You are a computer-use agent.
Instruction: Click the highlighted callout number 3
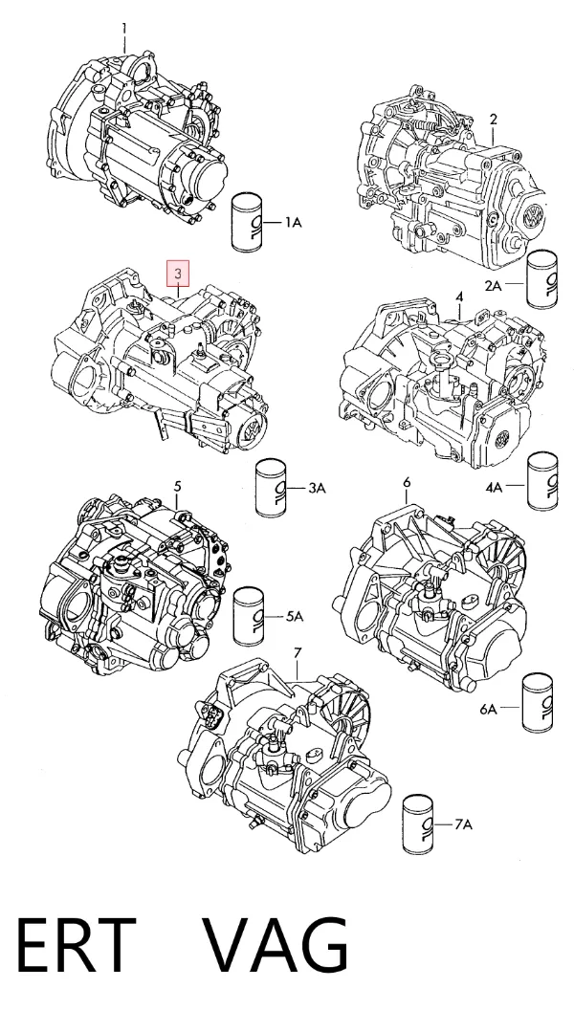click(178, 274)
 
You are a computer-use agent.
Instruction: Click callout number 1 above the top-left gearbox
click(124, 29)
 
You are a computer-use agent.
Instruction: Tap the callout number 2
click(493, 120)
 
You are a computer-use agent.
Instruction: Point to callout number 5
click(177, 487)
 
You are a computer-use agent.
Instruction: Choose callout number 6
click(407, 482)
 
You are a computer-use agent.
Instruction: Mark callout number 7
click(298, 653)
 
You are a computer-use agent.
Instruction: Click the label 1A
click(293, 223)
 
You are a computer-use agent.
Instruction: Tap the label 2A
click(494, 285)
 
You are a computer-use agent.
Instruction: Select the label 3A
click(318, 488)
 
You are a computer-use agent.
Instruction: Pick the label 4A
click(495, 487)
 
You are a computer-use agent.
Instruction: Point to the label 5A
click(295, 617)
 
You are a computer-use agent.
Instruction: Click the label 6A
click(489, 709)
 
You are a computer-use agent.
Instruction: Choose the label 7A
click(463, 824)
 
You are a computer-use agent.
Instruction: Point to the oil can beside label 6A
click(538, 702)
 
